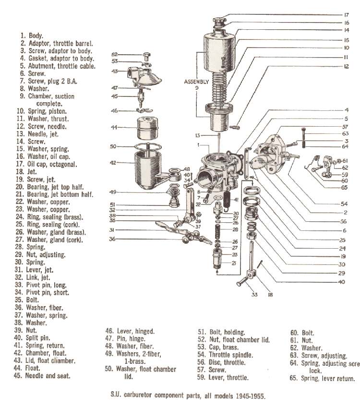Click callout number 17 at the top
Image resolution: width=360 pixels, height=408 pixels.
coord(346,15)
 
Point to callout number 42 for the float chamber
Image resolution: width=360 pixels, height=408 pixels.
coord(113,163)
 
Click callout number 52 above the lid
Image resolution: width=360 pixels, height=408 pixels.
coord(115,54)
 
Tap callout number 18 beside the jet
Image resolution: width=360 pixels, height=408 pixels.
coord(270,295)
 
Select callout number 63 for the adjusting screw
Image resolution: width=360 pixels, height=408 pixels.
coord(346,133)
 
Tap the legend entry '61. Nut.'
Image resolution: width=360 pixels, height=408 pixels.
coord(300,339)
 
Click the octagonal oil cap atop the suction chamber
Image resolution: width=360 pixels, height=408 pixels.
coord(218,21)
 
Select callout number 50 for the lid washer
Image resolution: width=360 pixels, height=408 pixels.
coord(113,146)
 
